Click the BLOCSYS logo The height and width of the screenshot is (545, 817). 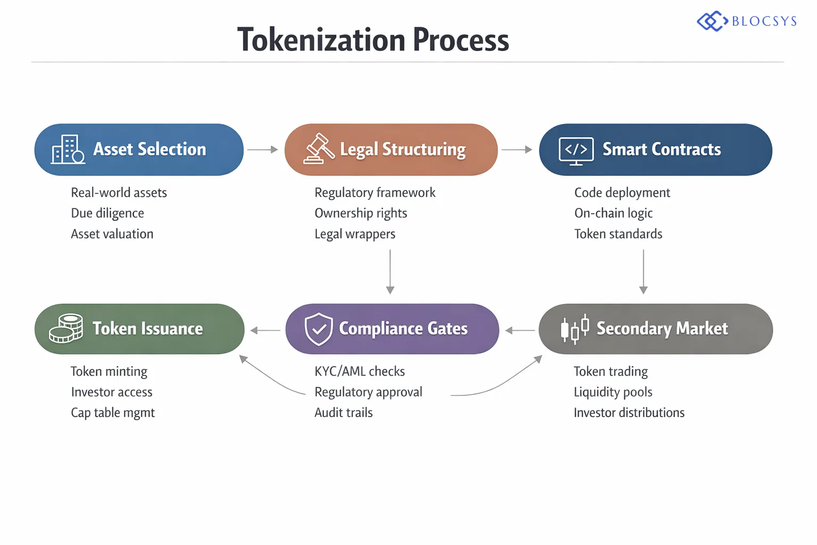(746, 21)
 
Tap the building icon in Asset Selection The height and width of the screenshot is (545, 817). (68, 150)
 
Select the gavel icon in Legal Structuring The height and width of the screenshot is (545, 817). (319, 149)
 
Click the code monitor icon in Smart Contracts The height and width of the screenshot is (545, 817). (576, 151)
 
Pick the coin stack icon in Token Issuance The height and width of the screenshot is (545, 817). (66, 328)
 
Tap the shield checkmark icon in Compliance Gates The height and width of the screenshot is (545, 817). (319, 329)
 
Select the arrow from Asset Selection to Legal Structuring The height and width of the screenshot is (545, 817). (263, 150)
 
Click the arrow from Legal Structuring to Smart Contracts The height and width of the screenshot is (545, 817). (516, 150)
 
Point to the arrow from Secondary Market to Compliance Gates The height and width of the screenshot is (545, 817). (520, 331)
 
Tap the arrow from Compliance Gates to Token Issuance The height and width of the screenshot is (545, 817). (265, 331)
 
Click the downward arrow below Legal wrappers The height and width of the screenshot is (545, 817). (390, 271)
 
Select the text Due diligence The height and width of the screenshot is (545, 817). (107, 213)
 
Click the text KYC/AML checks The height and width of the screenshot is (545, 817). (360, 371)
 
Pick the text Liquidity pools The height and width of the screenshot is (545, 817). (613, 392)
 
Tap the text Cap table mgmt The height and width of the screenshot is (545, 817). (113, 413)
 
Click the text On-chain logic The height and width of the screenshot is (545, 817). (613, 213)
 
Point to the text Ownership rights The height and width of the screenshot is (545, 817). (361, 213)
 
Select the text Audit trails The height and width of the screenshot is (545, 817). (344, 413)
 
